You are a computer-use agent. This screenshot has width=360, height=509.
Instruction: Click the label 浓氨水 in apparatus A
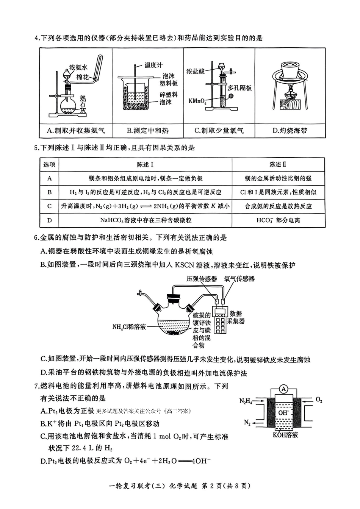pos(78,67)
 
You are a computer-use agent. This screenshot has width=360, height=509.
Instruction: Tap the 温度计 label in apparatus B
pos(153,65)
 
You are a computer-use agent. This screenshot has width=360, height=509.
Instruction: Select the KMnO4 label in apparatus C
pos(197,101)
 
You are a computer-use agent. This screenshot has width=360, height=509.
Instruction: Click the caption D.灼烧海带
pos(290,131)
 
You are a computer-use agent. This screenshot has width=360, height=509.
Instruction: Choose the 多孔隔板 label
pos(239,88)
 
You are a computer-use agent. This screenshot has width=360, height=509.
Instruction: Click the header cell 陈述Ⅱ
pos(278,164)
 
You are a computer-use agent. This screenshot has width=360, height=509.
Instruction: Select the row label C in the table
pos(50,206)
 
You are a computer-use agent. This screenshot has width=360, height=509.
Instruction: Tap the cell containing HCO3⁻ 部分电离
pos(278,220)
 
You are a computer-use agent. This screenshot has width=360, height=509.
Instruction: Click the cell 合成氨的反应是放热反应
pos(278,206)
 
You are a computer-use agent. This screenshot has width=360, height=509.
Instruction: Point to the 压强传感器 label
pos(202,279)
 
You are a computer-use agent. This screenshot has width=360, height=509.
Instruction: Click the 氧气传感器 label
pos(239,279)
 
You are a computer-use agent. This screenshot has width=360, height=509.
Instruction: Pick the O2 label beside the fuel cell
pos(319,400)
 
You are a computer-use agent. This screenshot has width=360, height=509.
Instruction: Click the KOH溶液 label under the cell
pos(285,435)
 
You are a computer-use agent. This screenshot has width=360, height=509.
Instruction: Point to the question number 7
pos(36,386)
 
